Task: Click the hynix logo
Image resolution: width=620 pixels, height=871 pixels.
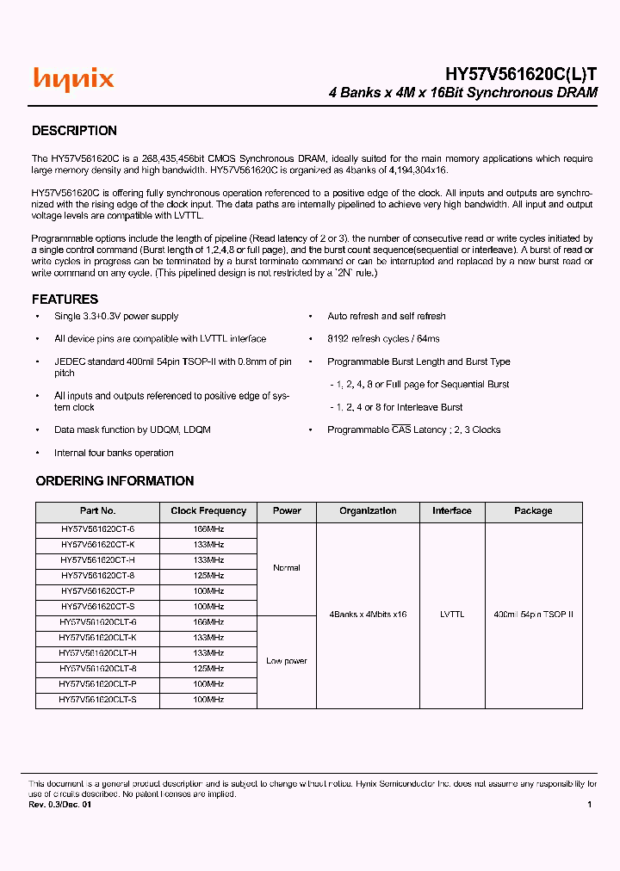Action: [73, 79]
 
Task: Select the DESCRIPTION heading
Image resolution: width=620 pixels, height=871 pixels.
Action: [74, 131]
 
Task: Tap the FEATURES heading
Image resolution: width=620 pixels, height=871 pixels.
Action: [65, 300]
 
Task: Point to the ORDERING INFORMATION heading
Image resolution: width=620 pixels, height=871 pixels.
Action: [115, 481]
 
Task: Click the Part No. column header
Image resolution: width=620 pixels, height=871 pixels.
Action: [97, 511]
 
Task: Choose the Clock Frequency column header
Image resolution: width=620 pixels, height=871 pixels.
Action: [208, 511]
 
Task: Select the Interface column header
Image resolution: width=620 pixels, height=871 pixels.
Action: [451, 511]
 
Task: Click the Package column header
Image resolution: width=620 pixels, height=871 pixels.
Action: [533, 511]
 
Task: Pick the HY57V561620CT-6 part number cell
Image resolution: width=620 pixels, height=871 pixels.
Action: [97, 529]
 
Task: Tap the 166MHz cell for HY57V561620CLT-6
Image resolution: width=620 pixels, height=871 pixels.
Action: [208, 622]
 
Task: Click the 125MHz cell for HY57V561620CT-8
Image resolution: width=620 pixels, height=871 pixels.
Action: [208, 576]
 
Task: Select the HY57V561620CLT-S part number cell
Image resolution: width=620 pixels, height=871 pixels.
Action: [97, 700]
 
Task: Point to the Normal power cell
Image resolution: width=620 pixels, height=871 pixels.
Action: [287, 568]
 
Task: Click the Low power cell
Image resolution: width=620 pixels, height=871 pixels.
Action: [287, 661]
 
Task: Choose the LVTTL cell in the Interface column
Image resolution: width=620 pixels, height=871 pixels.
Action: [451, 615]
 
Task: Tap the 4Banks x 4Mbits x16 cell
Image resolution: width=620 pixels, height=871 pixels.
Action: [368, 615]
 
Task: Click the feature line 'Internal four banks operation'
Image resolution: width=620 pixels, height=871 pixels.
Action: [114, 453]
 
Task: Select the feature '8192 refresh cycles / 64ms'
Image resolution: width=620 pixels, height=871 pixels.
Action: [383, 339]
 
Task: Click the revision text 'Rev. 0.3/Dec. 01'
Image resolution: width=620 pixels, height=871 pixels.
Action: [59, 805]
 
